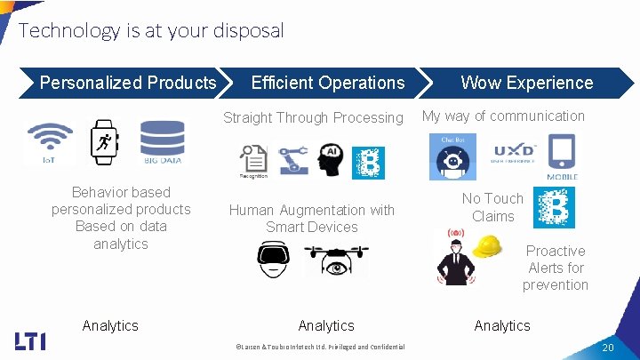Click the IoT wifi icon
pyautogui.click(x=51, y=142)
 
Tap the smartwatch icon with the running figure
pyautogui.click(x=105, y=142)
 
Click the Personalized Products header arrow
pyautogui.click(x=127, y=83)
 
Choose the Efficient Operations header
pyautogui.click(x=327, y=83)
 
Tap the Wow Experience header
pyautogui.click(x=526, y=83)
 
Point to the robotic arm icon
pyautogui.click(x=292, y=160)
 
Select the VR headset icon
pyautogui.click(x=274, y=258)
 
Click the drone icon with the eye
pyautogui.click(x=336, y=258)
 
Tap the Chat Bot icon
pyautogui.click(x=453, y=156)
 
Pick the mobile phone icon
pyautogui.click(x=562, y=156)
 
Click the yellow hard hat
pyautogui.click(x=488, y=245)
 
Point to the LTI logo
pyautogui.click(x=30, y=340)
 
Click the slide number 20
pyautogui.click(x=608, y=346)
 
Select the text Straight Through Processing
pyautogui.click(x=313, y=117)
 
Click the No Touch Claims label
pyautogui.click(x=492, y=207)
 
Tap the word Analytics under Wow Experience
pyautogui.click(x=501, y=325)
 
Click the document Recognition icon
pyautogui.click(x=253, y=161)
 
